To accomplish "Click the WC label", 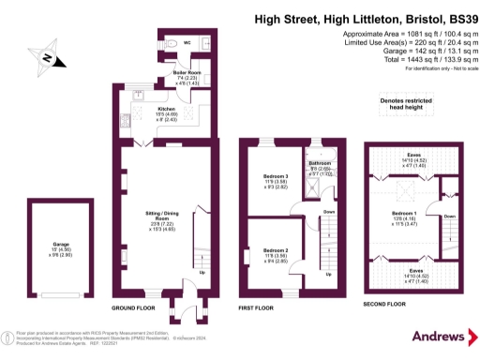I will click(186, 43).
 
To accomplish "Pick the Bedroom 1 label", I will click(406, 216).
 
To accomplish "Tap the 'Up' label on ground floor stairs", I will click(202, 274).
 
